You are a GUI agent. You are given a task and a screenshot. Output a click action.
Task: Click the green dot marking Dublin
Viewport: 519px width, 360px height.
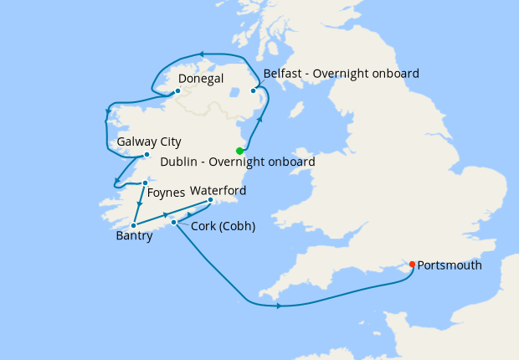[239, 151]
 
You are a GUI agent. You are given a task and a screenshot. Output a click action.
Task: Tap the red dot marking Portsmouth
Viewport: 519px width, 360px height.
[413, 265]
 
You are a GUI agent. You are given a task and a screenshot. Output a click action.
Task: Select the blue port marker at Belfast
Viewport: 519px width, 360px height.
[253, 90]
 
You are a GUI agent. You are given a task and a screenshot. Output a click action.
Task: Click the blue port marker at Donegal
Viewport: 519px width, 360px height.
[177, 90]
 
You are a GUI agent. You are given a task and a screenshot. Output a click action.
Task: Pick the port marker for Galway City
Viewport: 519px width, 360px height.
[146, 154]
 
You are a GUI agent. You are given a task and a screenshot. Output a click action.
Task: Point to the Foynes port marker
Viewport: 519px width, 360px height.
[145, 183]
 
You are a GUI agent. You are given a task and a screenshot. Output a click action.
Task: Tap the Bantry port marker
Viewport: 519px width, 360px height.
[134, 224]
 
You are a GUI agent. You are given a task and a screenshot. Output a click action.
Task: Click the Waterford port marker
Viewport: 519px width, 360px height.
[210, 200]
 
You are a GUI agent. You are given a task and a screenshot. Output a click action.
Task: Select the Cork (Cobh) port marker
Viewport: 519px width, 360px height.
[173, 222]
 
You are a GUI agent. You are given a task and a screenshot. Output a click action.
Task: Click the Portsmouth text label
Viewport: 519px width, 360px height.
[450, 265]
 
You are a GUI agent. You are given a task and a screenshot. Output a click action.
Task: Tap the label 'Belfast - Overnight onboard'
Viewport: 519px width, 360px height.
[341, 74]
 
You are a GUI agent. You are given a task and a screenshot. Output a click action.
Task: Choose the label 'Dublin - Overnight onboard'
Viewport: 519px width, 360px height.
[237, 162]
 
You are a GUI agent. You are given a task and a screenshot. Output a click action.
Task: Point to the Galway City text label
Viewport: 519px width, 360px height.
[149, 141]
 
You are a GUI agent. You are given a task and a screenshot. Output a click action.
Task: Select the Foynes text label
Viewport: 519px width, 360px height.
[166, 193]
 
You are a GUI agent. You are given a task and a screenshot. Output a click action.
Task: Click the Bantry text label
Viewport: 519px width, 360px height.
[134, 237]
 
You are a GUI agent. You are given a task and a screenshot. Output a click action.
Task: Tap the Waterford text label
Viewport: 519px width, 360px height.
[218, 190]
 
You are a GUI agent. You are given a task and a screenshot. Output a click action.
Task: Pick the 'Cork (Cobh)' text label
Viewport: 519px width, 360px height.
[223, 226]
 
